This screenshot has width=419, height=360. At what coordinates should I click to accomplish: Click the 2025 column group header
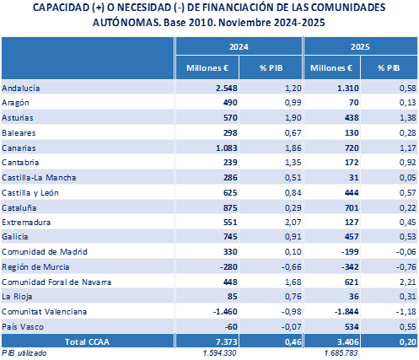pyautogui.click(x=361, y=47)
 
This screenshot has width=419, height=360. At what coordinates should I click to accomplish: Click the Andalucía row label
pyautogui.click(x=21, y=88)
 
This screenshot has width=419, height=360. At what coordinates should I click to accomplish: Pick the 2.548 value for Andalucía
pyautogui.click(x=228, y=88)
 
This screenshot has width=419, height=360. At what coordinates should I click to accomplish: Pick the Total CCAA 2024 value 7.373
pyautogui.click(x=228, y=344)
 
